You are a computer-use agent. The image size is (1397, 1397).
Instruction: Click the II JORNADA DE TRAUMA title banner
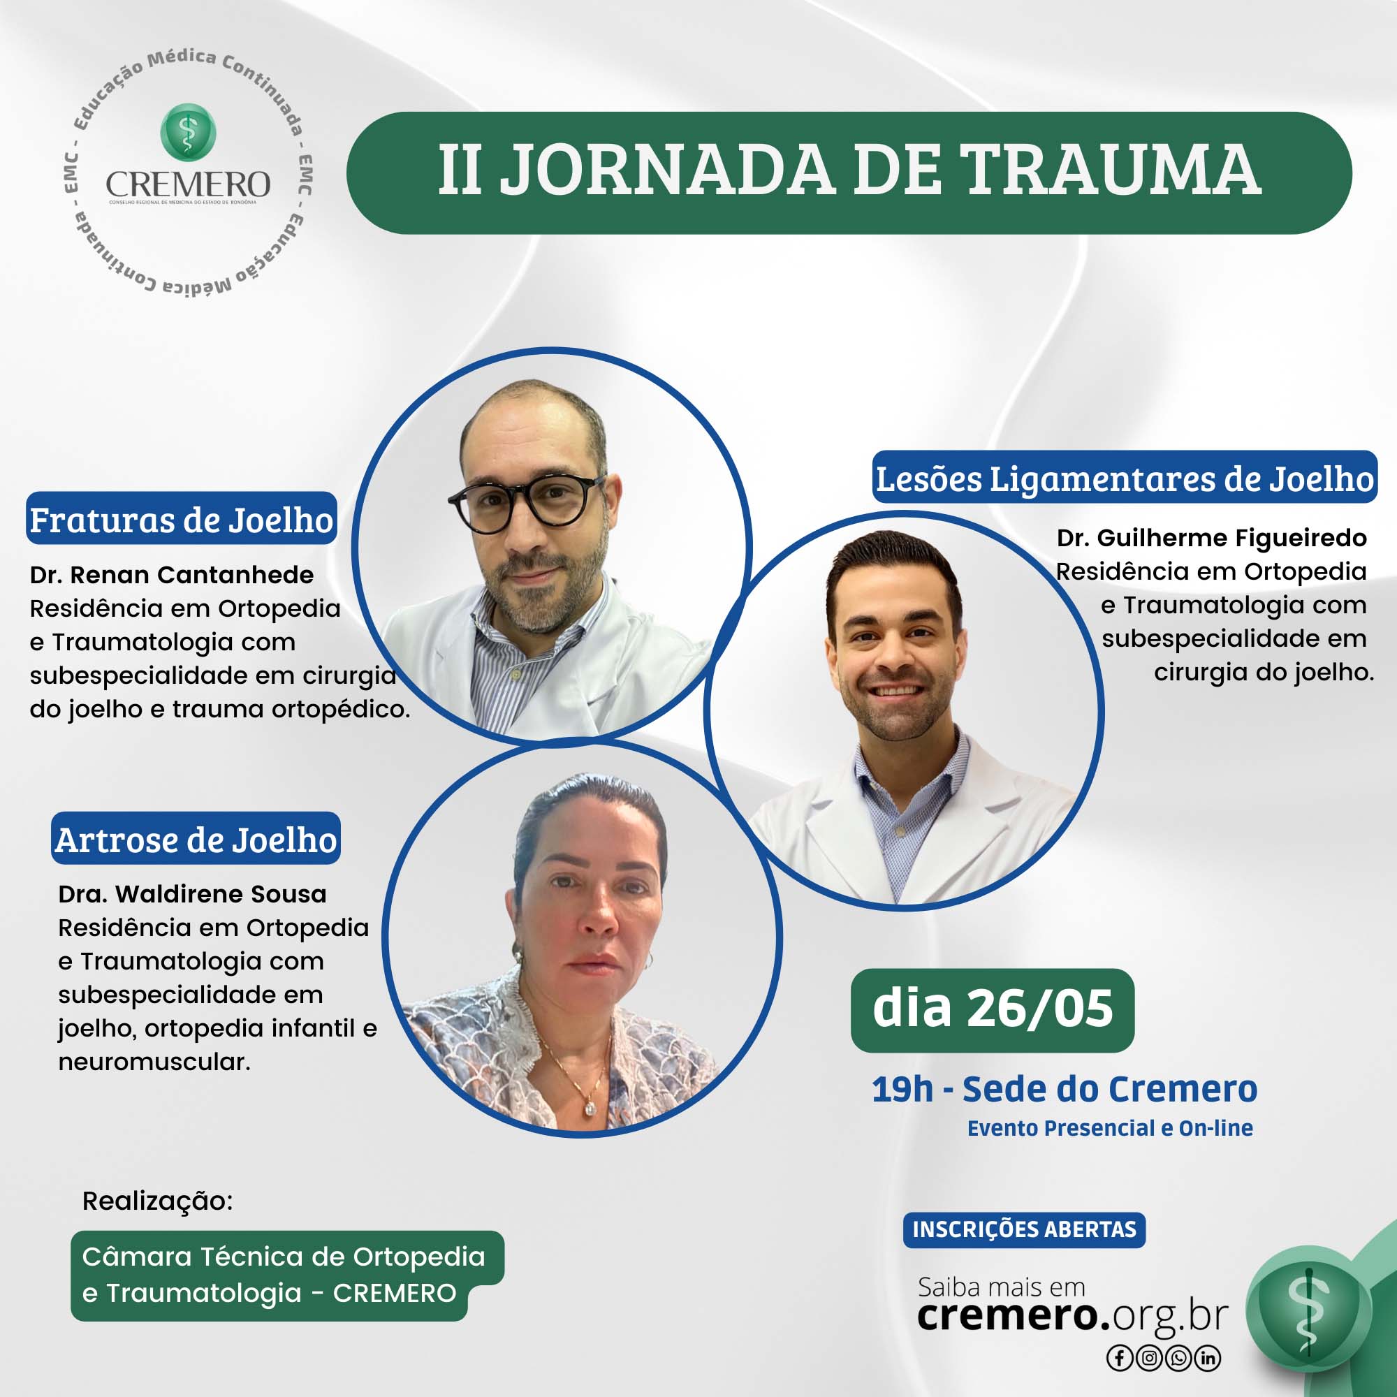(x=849, y=173)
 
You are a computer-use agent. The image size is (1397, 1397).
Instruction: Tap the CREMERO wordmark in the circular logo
(x=188, y=185)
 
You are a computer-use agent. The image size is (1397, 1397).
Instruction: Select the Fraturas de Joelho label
(x=182, y=518)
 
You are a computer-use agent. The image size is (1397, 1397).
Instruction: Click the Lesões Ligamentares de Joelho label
(x=1125, y=477)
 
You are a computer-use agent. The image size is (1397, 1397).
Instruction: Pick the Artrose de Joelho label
(x=196, y=838)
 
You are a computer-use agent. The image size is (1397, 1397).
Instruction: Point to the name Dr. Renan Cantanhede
(x=172, y=575)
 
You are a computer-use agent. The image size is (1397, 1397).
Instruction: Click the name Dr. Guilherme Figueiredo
(x=1212, y=538)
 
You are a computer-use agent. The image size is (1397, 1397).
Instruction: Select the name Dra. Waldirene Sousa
(x=192, y=894)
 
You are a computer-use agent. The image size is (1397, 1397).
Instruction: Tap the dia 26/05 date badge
(x=993, y=1010)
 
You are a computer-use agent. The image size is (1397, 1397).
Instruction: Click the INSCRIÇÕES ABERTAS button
(x=1025, y=1229)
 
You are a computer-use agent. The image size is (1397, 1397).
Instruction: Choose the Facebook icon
(x=1119, y=1358)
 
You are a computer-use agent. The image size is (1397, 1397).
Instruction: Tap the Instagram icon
(x=1149, y=1358)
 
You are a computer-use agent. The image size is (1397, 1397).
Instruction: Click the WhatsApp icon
(x=1178, y=1358)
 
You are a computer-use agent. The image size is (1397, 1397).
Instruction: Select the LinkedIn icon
(x=1208, y=1358)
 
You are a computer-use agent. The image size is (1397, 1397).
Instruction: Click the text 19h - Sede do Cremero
(x=1065, y=1089)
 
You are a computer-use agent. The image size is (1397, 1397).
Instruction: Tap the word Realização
(x=158, y=1200)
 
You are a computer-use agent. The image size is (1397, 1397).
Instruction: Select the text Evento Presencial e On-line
(x=1110, y=1128)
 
